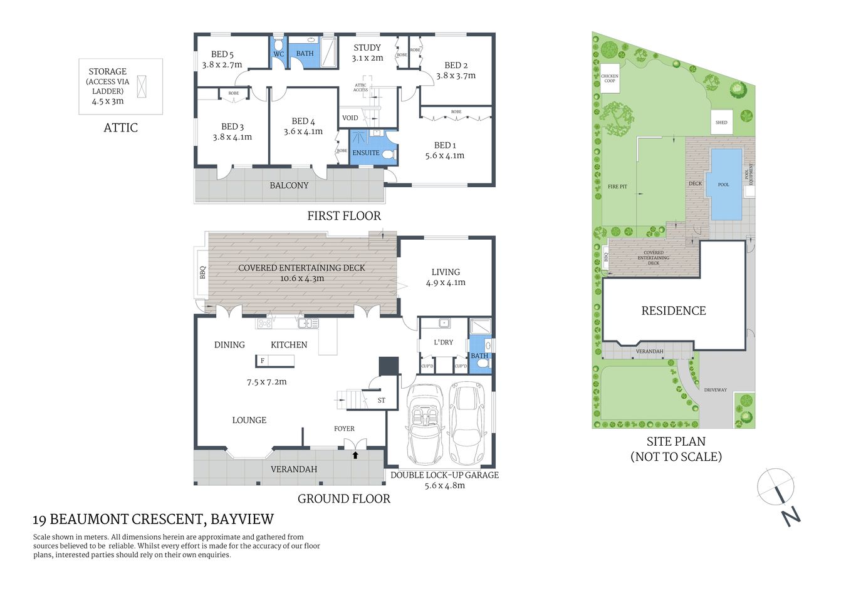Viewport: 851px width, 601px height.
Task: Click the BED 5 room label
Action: pyautogui.click(x=222, y=54)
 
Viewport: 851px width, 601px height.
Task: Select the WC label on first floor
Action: pyautogui.click(x=278, y=54)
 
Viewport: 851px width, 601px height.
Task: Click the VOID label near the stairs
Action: pyautogui.click(x=350, y=118)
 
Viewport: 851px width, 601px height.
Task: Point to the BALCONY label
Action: pyautogui.click(x=289, y=185)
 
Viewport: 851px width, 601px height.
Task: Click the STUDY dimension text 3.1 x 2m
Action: pyautogui.click(x=367, y=58)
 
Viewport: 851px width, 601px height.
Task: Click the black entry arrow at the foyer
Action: pyautogui.click(x=355, y=455)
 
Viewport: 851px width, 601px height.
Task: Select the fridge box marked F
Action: pyautogui.click(x=263, y=361)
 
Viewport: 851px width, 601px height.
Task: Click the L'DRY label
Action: pyautogui.click(x=443, y=342)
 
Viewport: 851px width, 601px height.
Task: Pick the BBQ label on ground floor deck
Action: pyautogui.click(x=202, y=273)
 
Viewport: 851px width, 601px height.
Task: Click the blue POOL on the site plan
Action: pyautogui.click(x=724, y=185)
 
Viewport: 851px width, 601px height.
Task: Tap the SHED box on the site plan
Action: pyautogui.click(x=721, y=123)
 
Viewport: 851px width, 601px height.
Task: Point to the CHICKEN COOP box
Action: pyautogui.click(x=610, y=78)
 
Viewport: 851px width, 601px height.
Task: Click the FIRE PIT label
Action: pyautogui.click(x=617, y=187)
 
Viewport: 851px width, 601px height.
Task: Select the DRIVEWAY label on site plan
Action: pyautogui.click(x=715, y=390)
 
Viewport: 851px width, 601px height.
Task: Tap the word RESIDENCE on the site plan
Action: pyautogui.click(x=673, y=311)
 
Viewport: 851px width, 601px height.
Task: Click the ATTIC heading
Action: pyautogui.click(x=120, y=128)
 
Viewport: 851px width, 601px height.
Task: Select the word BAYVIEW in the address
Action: pyautogui.click(x=242, y=519)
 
